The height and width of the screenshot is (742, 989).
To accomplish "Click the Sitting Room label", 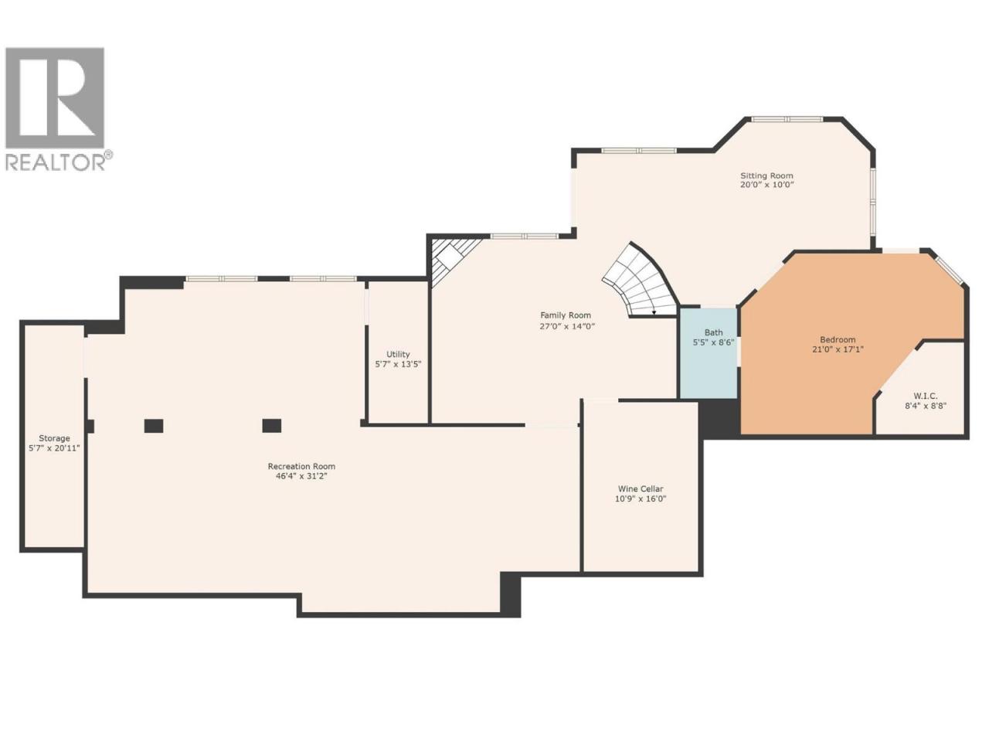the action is [x=766, y=175].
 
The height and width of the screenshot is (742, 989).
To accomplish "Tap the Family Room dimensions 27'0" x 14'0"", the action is [x=567, y=326].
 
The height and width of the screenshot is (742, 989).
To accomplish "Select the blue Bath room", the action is [x=708, y=353].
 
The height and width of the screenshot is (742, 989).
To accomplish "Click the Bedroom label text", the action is [x=837, y=339].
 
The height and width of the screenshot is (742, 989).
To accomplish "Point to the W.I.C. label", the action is [x=925, y=396].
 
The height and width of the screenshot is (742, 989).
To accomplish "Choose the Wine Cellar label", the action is [x=641, y=488].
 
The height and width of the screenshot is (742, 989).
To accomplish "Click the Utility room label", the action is [x=398, y=355].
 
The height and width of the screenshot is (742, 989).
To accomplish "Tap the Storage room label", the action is [x=54, y=438].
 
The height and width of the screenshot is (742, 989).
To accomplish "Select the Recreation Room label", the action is [x=301, y=466].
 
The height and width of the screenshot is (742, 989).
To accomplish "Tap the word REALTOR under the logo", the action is [x=56, y=162].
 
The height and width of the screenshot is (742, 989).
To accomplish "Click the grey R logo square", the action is [x=55, y=97].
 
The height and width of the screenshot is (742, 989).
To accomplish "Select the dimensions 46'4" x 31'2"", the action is [x=301, y=476].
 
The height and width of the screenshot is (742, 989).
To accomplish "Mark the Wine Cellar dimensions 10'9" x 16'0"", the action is [x=641, y=499].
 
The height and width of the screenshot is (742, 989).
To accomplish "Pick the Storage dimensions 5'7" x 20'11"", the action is [x=54, y=448].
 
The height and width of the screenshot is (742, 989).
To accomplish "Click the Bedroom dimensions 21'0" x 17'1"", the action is [x=838, y=349].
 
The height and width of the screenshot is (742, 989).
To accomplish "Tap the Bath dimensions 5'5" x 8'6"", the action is [x=713, y=342].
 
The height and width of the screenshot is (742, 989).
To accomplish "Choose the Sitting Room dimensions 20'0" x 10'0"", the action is [x=766, y=185].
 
